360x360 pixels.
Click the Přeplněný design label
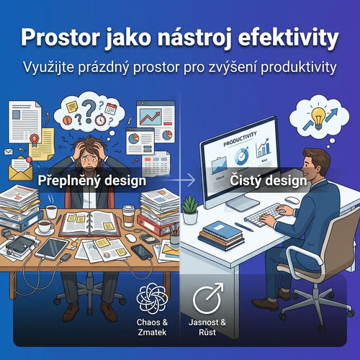click(x=92, y=181)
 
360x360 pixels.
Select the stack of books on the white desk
click(x=221, y=235)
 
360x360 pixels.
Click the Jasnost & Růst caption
click(x=209, y=327)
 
